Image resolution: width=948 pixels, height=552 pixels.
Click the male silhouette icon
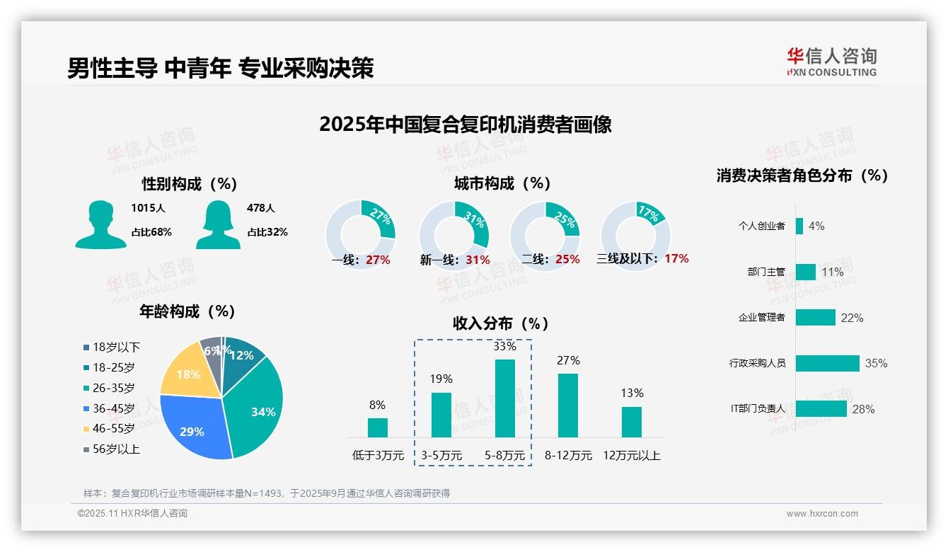point(100,225)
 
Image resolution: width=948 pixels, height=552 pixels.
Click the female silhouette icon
point(218,225)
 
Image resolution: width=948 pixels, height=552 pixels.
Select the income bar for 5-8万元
point(505,398)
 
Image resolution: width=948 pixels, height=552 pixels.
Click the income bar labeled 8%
point(378,427)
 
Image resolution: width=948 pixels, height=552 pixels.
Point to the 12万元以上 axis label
point(632,456)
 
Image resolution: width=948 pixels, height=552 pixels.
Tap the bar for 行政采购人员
point(827,363)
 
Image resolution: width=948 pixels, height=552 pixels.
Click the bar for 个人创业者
point(799,226)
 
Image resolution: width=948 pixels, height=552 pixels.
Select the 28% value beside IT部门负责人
point(863,409)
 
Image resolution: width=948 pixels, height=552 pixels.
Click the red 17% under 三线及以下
point(676,259)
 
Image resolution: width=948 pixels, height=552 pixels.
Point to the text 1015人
point(148,208)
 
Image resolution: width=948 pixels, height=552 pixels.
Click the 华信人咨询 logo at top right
point(831,62)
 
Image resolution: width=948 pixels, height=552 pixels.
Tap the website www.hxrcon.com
point(822,514)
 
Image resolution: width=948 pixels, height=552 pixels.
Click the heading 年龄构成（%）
point(187,311)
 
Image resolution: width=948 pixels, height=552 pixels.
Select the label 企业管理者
point(761,318)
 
